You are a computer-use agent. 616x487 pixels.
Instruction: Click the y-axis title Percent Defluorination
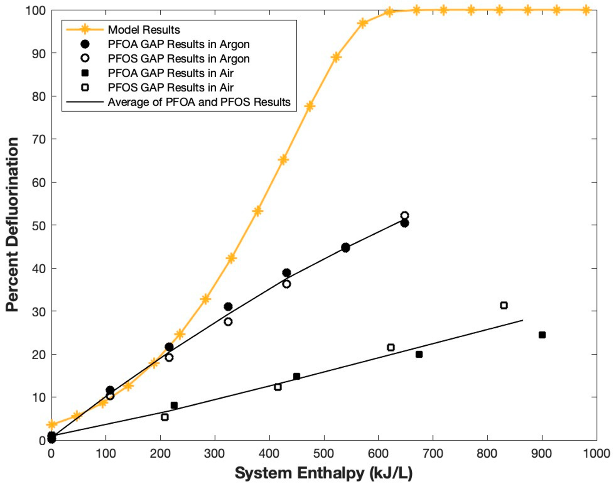point(12,224)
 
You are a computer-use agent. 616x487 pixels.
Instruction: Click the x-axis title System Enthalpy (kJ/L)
point(324,473)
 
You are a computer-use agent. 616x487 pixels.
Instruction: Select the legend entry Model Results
point(143,30)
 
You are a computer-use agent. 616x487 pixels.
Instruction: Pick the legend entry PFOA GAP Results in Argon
point(178,44)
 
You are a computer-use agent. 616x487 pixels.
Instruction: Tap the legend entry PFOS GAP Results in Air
point(171,87)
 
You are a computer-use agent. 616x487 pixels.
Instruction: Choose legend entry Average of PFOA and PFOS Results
point(199,102)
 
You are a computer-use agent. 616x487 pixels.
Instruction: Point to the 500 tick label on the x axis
point(324,453)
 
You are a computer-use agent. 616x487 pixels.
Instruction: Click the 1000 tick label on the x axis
point(596,453)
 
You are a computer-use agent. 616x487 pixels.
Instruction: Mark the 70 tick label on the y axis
point(38,139)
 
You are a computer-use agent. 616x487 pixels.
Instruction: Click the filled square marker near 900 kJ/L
point(542,335)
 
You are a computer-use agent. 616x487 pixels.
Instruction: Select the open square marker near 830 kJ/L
point(504,305)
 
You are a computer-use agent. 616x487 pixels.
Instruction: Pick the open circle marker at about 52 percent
point(404,216)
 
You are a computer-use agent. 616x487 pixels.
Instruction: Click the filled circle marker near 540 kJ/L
point(345,248)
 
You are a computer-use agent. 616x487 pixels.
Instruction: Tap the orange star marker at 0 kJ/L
point(51,425)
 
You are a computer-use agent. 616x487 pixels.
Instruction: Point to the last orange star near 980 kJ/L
point(586,10)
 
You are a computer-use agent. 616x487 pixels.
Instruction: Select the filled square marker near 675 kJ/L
point(419,354)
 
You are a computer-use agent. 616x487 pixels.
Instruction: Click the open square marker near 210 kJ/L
point(165,417)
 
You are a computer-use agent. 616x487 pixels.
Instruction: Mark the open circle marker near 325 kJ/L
point(228,322)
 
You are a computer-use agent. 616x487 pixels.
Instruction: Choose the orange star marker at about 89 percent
point(336,57)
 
